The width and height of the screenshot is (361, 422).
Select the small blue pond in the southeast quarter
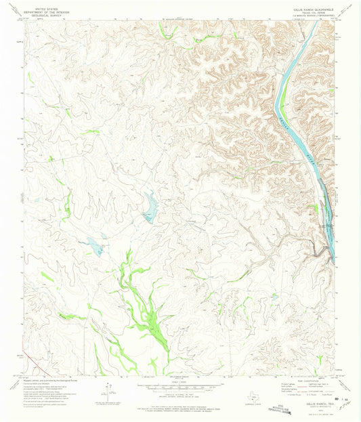(x=275, y=296)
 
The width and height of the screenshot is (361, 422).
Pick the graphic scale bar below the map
(x=180, y=387)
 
